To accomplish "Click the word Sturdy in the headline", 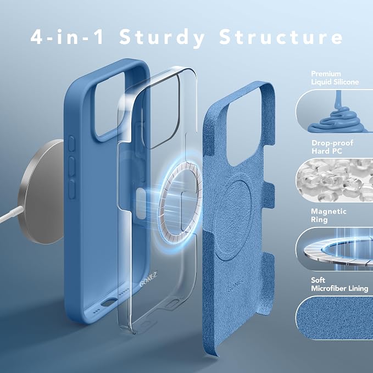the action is point(162,38).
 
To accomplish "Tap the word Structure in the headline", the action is point(281,37).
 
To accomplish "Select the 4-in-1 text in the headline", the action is point(67,37).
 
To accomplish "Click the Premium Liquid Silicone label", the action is point(335,78).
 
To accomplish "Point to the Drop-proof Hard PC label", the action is point(332,147).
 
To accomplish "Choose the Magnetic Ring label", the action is point(329,215).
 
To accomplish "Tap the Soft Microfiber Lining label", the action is point(339,284).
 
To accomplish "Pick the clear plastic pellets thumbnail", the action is point(334,180).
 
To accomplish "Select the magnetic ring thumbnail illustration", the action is point(334,249).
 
